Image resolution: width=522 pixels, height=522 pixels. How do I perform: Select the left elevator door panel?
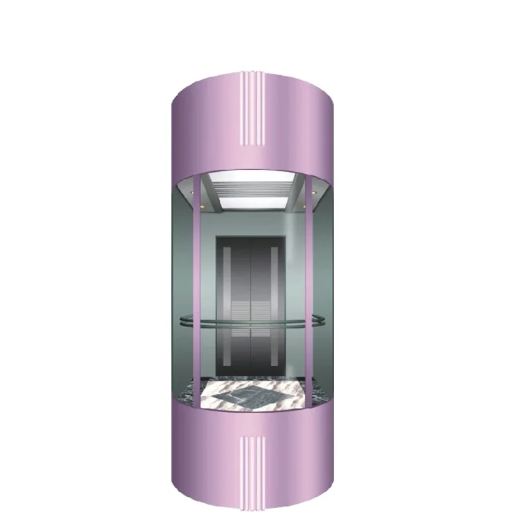click(x=235, y=306)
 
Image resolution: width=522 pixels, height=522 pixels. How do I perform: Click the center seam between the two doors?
click(x=251, y=306)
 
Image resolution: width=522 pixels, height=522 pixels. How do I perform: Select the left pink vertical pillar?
click(x=198, y=292)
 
